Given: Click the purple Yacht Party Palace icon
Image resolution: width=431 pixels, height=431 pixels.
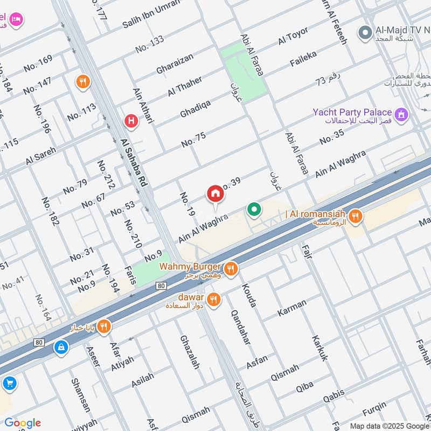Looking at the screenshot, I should (401, 114).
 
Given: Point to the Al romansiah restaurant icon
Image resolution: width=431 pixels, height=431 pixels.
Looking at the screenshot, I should (354, 217).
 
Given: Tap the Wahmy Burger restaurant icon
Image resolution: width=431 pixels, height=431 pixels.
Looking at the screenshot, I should (231, 268).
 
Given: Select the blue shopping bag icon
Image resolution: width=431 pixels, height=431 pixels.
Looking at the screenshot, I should (61, 347).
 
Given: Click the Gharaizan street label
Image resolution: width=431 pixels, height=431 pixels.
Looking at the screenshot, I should (175, 64).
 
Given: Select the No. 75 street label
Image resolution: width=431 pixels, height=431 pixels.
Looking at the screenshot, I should (193, 140).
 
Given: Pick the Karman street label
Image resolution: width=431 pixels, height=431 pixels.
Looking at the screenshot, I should (291, 308).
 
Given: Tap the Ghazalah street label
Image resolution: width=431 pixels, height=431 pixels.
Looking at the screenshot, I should (190, 351).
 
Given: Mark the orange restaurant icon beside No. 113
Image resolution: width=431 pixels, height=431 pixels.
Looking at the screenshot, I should (84, 82).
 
